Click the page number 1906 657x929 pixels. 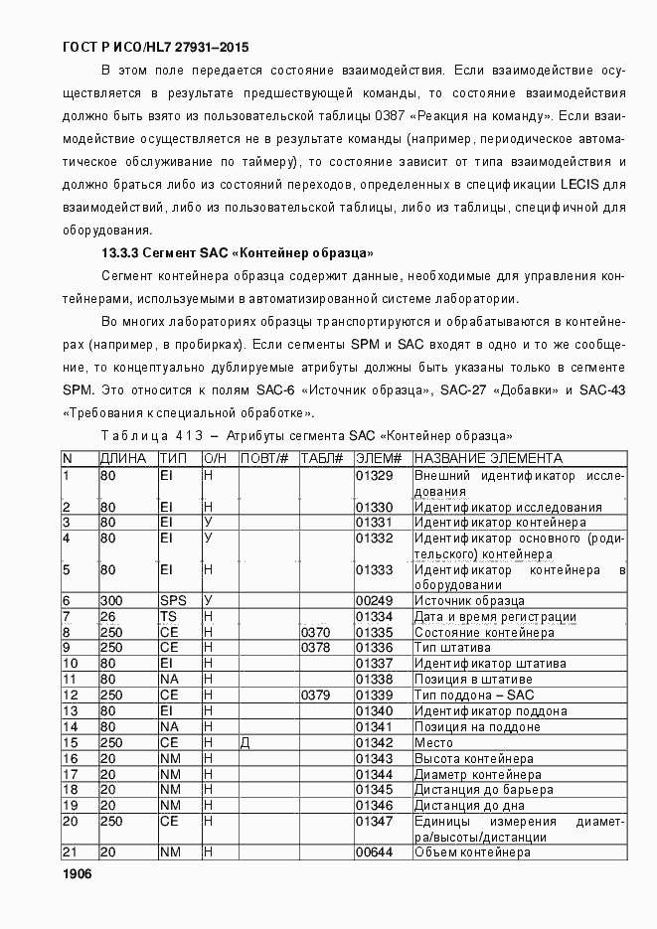pos(77,873)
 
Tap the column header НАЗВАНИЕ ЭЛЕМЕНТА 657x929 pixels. pos(488,458)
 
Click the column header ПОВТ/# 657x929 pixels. pos(265,458)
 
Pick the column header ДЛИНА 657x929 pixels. pos(123,458)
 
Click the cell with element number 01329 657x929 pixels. pos(375,475)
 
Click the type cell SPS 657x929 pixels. pos(173,601)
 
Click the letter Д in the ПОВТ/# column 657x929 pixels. pos(245,743)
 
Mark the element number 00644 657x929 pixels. pos(375,852)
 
